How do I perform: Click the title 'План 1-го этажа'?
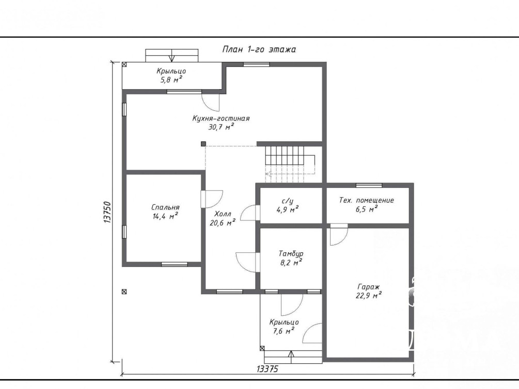(259, 50)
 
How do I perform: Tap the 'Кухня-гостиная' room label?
(221, 119)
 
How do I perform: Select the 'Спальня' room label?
(165, 207)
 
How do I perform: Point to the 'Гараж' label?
(368, 287)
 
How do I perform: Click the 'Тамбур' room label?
(291, 254)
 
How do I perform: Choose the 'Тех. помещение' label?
(367, 201)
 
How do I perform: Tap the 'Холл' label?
(223, 214)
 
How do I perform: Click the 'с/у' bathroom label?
(287, 201)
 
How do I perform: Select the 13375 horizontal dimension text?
(268, 369)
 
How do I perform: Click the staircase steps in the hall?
(285, 164)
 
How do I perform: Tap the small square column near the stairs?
(203, 143)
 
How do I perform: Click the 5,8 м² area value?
(171, 80)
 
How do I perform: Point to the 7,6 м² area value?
(284, 331)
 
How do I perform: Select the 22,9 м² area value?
(368, 296)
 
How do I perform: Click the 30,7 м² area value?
(221, 127)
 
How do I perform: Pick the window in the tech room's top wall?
(369, 185)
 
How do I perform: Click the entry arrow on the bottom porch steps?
(291, 357)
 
